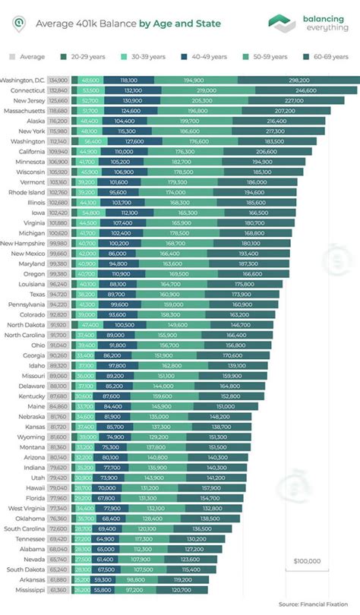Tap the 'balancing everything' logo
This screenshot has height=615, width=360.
pos(304,23)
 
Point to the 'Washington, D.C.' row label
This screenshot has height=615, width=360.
pos(24,80)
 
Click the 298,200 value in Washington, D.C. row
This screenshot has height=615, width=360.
pos(298,80)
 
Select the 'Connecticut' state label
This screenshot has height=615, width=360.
pos(29,90)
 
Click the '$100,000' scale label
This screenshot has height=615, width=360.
pos(307,561)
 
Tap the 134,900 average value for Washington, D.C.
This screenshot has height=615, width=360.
pos(58,80)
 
